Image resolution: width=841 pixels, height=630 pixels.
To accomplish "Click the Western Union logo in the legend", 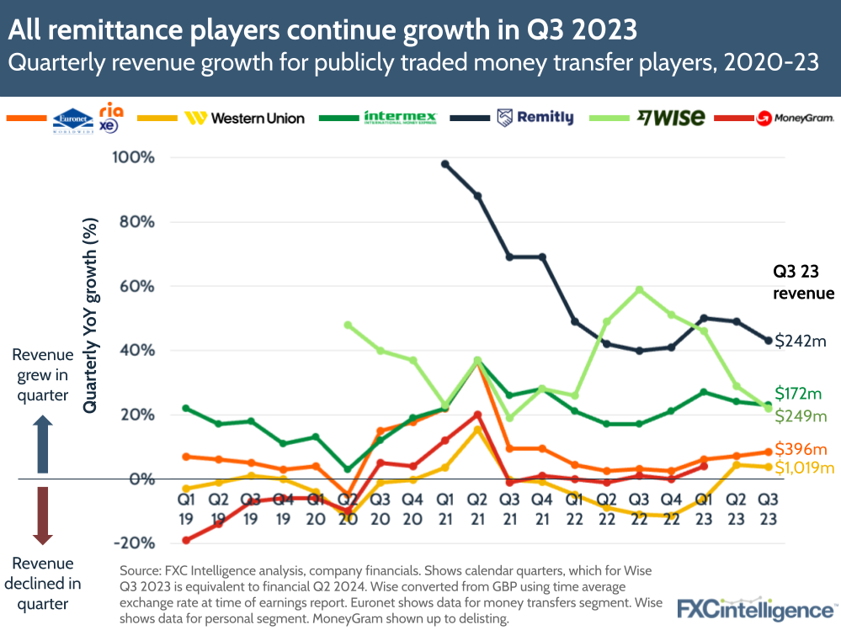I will point(244,118).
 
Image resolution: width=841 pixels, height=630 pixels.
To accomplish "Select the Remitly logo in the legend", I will point(535,118).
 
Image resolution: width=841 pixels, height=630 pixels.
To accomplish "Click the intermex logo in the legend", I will point(400,118).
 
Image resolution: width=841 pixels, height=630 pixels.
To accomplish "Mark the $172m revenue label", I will point(797,394).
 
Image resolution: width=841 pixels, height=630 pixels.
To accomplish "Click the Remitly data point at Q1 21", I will point(445,164).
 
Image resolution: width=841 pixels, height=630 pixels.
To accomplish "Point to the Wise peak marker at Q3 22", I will point(640,289).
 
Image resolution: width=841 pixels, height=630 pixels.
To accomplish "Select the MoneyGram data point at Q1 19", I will point(186,540).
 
